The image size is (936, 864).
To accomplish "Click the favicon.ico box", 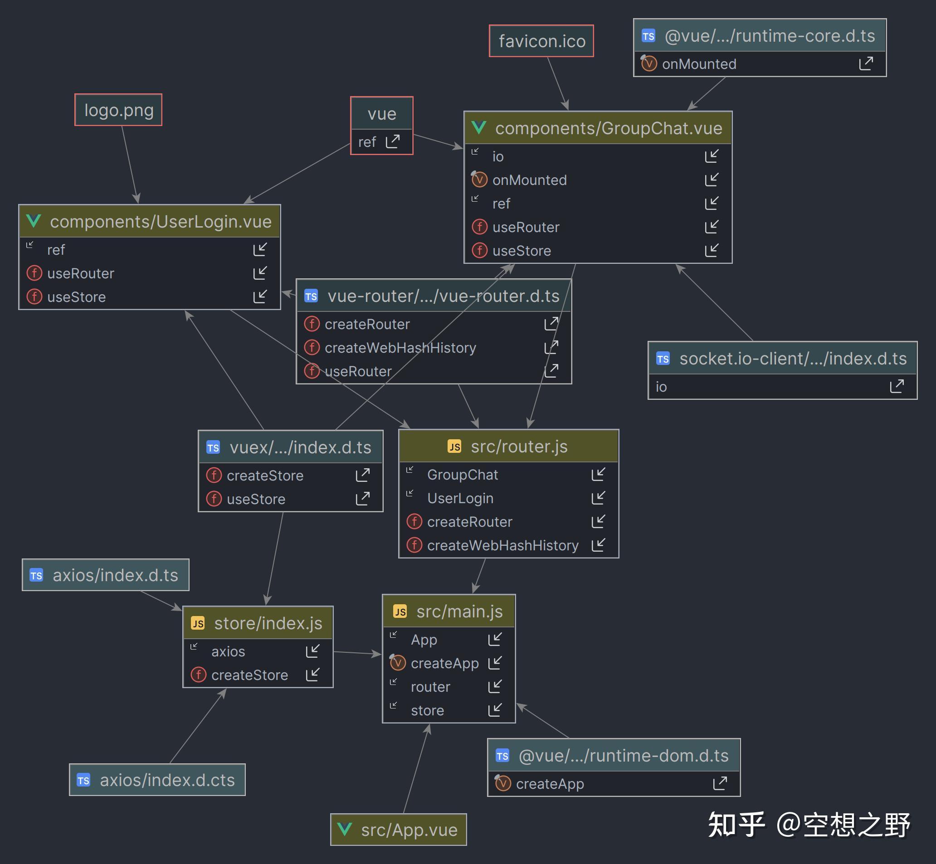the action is [541, 41].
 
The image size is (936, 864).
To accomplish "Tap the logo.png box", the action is [118, 110].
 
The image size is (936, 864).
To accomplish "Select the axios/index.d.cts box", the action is [157, 779].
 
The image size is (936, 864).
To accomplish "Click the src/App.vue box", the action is [399, 830].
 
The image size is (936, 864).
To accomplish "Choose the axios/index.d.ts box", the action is [106, 575].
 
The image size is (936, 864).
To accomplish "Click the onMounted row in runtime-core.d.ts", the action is [760, 63].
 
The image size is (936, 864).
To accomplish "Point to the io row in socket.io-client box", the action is [782, 387].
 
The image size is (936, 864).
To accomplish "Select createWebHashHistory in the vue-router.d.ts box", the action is [400, 347].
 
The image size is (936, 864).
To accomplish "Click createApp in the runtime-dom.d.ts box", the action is [550, 784].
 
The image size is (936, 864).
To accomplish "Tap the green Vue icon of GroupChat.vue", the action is [479, 127].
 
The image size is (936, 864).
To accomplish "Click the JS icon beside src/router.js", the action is [454, 447].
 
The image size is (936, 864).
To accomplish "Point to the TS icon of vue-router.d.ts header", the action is [311, 296].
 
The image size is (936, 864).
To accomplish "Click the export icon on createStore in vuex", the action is [362, 475].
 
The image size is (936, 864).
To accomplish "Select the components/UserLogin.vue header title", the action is [161, 221].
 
